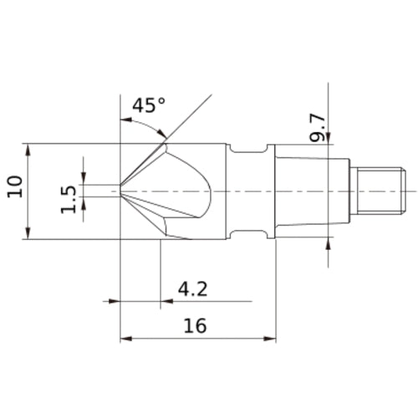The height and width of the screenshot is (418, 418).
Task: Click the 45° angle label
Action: tap(150, 105)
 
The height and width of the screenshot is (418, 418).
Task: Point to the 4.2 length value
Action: tap(192, 289)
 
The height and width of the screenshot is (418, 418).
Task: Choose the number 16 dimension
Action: tap(194, 326)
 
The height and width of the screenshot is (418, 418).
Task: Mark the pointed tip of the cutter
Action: tap(123, 190)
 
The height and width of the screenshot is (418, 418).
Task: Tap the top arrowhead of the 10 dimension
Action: tap(31, 148)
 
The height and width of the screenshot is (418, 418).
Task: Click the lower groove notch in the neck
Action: tap(251, 232)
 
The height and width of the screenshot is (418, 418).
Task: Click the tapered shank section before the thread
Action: tap(309, 190)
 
